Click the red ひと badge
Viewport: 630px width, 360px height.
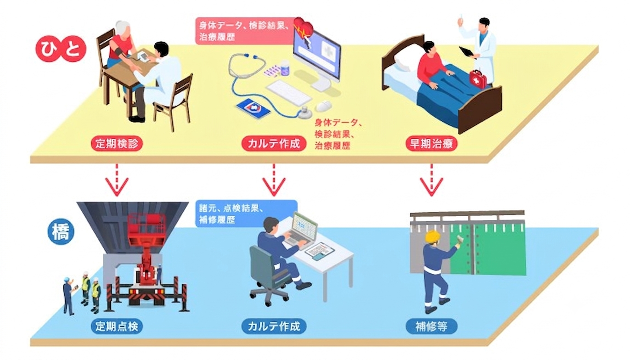(x=61, y=48)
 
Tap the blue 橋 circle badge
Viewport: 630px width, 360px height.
(x=61, y=233)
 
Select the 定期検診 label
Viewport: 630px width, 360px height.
(x=117, y=144)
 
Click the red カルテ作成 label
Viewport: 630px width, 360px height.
(x=274, y=144)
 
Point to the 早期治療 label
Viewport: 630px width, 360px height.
(x=432, y=144)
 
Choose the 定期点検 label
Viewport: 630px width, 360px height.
(x=117, y=326)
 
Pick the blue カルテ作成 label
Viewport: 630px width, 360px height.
(x=274, y=326)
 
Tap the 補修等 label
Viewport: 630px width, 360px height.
(x=432, y=326)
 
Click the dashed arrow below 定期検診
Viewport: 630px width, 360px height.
(x=117, y=180)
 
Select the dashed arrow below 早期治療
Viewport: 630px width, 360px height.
(x=432, y=180)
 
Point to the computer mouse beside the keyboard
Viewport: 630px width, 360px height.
(x=324, y=106)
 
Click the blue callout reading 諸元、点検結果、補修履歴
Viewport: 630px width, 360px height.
(x=246, y=214)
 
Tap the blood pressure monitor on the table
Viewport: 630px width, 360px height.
(x=143, y=56)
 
